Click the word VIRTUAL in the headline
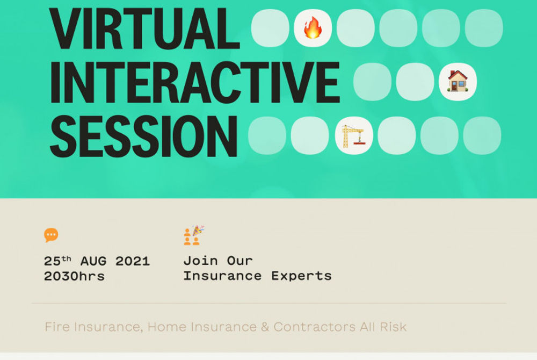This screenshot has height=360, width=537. [144, 28]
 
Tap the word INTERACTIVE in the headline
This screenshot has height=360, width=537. [195, 82]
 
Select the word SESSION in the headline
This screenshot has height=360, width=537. [143, 136]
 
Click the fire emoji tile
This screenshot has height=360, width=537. [313, 28]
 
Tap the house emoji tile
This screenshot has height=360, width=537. [458, 82]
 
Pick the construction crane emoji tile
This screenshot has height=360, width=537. [354, 135]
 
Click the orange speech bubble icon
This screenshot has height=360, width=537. [51, 235]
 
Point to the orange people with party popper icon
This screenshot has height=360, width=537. [194, 235]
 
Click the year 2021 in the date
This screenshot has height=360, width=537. [133, 261]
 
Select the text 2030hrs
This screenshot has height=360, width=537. [74, 276]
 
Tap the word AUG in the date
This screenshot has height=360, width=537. [93, 261]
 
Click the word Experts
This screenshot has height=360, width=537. [301, 276]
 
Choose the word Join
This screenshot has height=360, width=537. [200, 261]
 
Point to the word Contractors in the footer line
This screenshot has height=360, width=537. [314, 327]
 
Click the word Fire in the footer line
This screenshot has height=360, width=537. [57, 327]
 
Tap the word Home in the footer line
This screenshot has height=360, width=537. [167, 327]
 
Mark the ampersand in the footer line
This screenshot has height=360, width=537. [265, 327]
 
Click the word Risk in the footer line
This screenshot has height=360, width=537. [393, 327]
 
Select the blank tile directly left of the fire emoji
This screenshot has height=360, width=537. [270, 28]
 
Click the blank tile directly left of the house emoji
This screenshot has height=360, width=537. [415, 82]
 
